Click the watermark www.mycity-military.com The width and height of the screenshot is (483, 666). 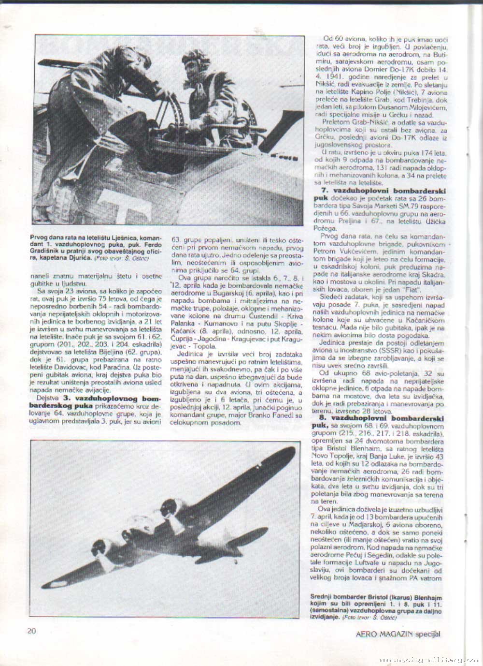click(429, 660)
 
